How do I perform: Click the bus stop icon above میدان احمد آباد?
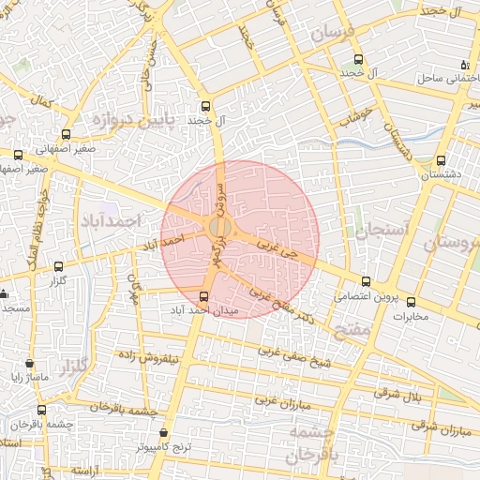(204, 296)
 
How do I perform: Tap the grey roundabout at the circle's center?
(220, 228)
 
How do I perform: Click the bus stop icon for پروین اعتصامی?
(366, 281)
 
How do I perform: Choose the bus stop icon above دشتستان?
(442, 160)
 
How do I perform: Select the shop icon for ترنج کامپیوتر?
(165, 433)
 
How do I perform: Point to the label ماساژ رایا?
(29, 378)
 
